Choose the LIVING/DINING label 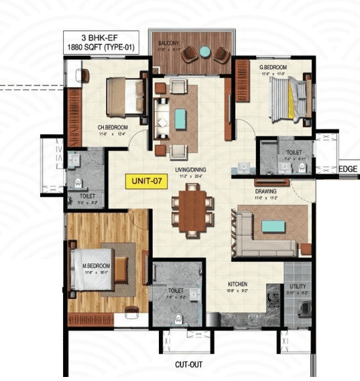tap(190, 171)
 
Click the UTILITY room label tap(298, 286)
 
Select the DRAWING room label tap(265, 191)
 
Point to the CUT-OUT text tap(189, 366)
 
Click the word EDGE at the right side tap(348, 169)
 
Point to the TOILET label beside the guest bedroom tap(294, 152)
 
